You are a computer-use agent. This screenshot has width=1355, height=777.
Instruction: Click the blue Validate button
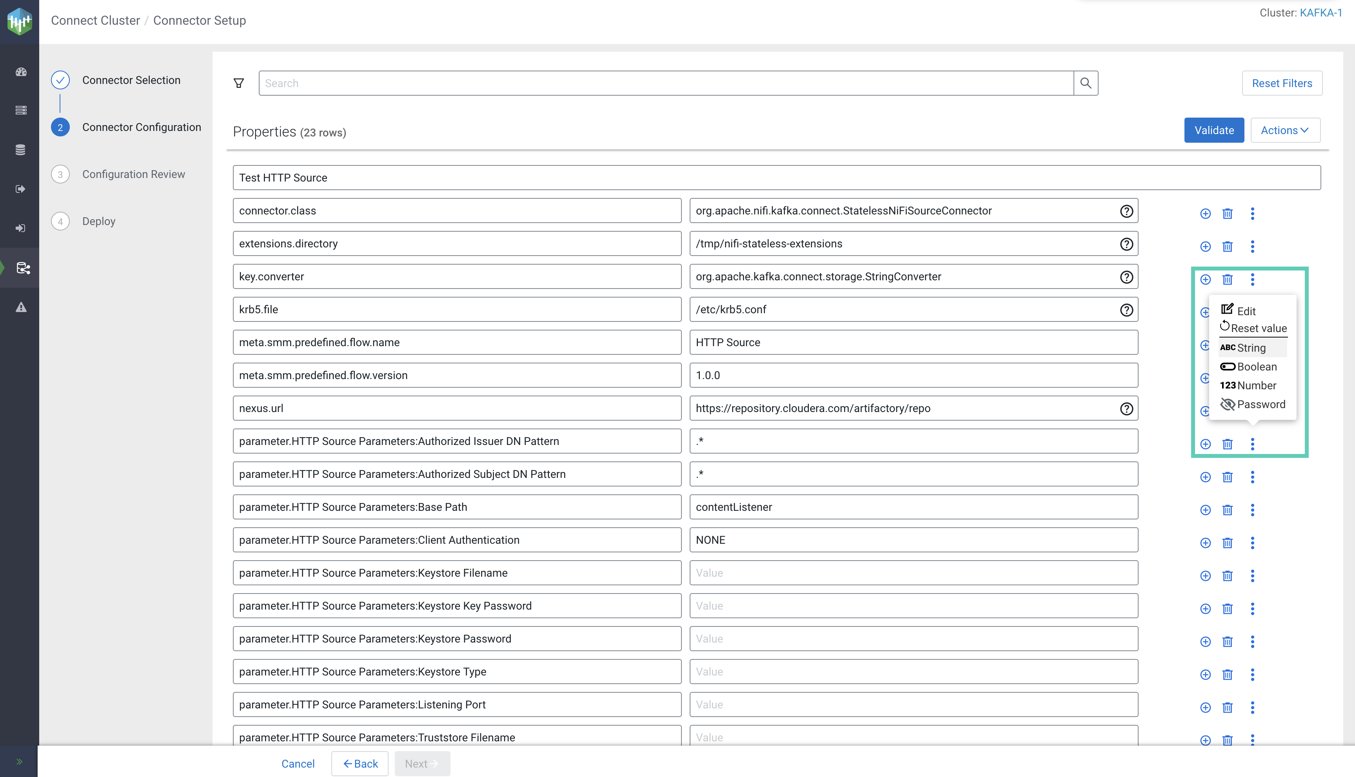click(1213, 130)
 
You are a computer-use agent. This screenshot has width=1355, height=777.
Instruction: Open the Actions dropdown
click(1284, 130)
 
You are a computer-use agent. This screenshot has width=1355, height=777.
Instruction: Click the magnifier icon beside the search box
click(1086, 83)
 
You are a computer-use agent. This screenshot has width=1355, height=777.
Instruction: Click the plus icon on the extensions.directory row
click(1205, 247)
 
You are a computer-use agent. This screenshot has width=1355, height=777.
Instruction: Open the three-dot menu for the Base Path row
click(1252, 510)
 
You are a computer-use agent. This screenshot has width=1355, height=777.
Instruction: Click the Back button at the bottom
click(360, 764)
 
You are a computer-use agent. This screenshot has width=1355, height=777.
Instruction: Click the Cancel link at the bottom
click(298, 764)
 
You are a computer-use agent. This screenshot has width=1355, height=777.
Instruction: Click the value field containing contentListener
click(913, 507)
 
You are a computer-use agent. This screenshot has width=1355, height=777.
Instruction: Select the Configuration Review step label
click(133, 174)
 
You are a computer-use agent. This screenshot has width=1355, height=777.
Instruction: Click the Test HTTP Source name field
click(776, 178)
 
